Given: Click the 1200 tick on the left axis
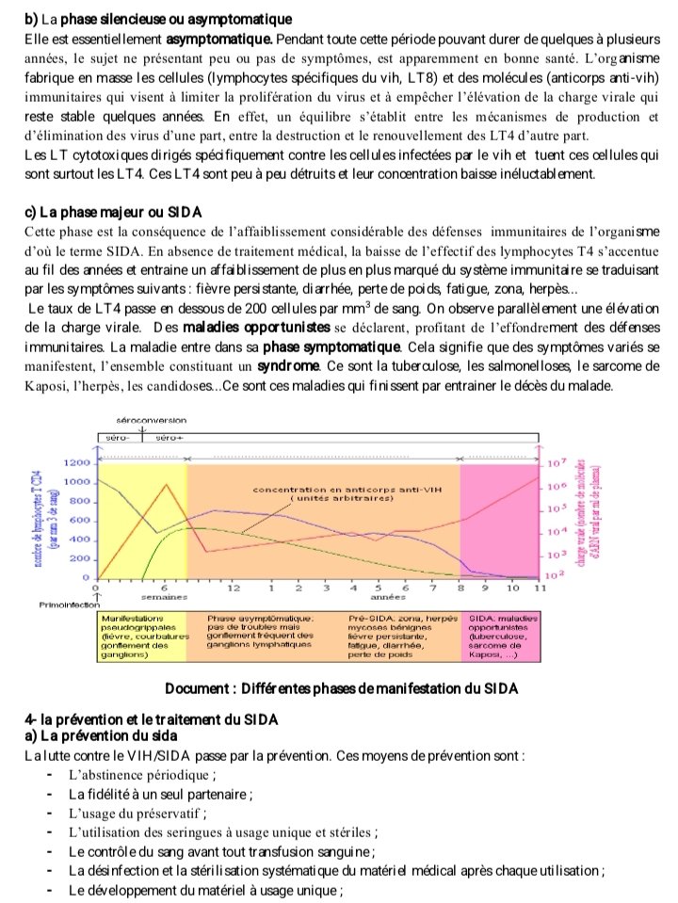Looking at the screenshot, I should [78, 463].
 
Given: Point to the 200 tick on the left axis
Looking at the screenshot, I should [82, 559].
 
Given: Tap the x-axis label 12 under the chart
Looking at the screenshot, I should [235, 589].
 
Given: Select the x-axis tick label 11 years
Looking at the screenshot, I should [540, 589].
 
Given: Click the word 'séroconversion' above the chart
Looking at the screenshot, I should [152, 419].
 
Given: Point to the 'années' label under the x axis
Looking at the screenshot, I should [380, 597].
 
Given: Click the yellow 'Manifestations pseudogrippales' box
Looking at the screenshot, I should [143, 637].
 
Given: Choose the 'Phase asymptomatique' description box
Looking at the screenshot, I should [261, 632].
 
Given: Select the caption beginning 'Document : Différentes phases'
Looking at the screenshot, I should [341, 687].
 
